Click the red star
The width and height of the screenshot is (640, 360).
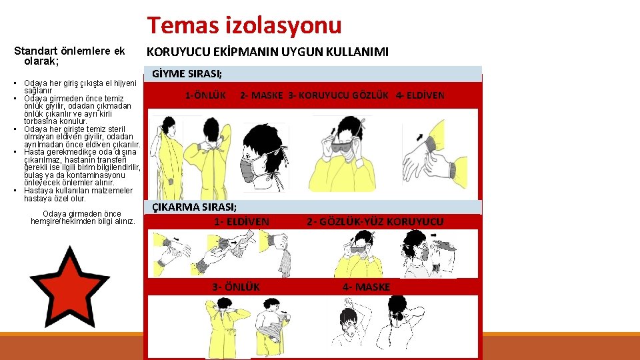[69, 289]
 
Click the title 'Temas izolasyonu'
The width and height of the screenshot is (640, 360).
[244, 25]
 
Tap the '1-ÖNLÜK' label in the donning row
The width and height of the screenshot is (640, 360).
[205, 95]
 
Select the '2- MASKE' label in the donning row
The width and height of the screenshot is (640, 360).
[261, 95]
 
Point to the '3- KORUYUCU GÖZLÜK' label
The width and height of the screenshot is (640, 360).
[339, 95]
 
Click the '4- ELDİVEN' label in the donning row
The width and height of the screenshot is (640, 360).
[420, 95]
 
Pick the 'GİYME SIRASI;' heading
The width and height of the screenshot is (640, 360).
[187, 74]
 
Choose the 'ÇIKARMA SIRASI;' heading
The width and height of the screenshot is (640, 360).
[194, 207]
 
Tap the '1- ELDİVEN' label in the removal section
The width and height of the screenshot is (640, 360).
[241, 221]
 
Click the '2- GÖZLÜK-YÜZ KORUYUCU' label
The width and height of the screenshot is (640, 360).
[375, 221]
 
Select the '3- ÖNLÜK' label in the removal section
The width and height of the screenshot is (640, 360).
[236, 287]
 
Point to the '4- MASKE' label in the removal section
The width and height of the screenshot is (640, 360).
[367, 287]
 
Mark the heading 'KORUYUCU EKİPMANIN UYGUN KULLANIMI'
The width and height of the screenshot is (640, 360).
[267, 52]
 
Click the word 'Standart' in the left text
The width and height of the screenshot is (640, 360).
[36, 51]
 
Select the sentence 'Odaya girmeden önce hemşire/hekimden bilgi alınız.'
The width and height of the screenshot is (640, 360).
[83, 217]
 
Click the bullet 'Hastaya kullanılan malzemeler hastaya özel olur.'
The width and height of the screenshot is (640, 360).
[78, 195]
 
